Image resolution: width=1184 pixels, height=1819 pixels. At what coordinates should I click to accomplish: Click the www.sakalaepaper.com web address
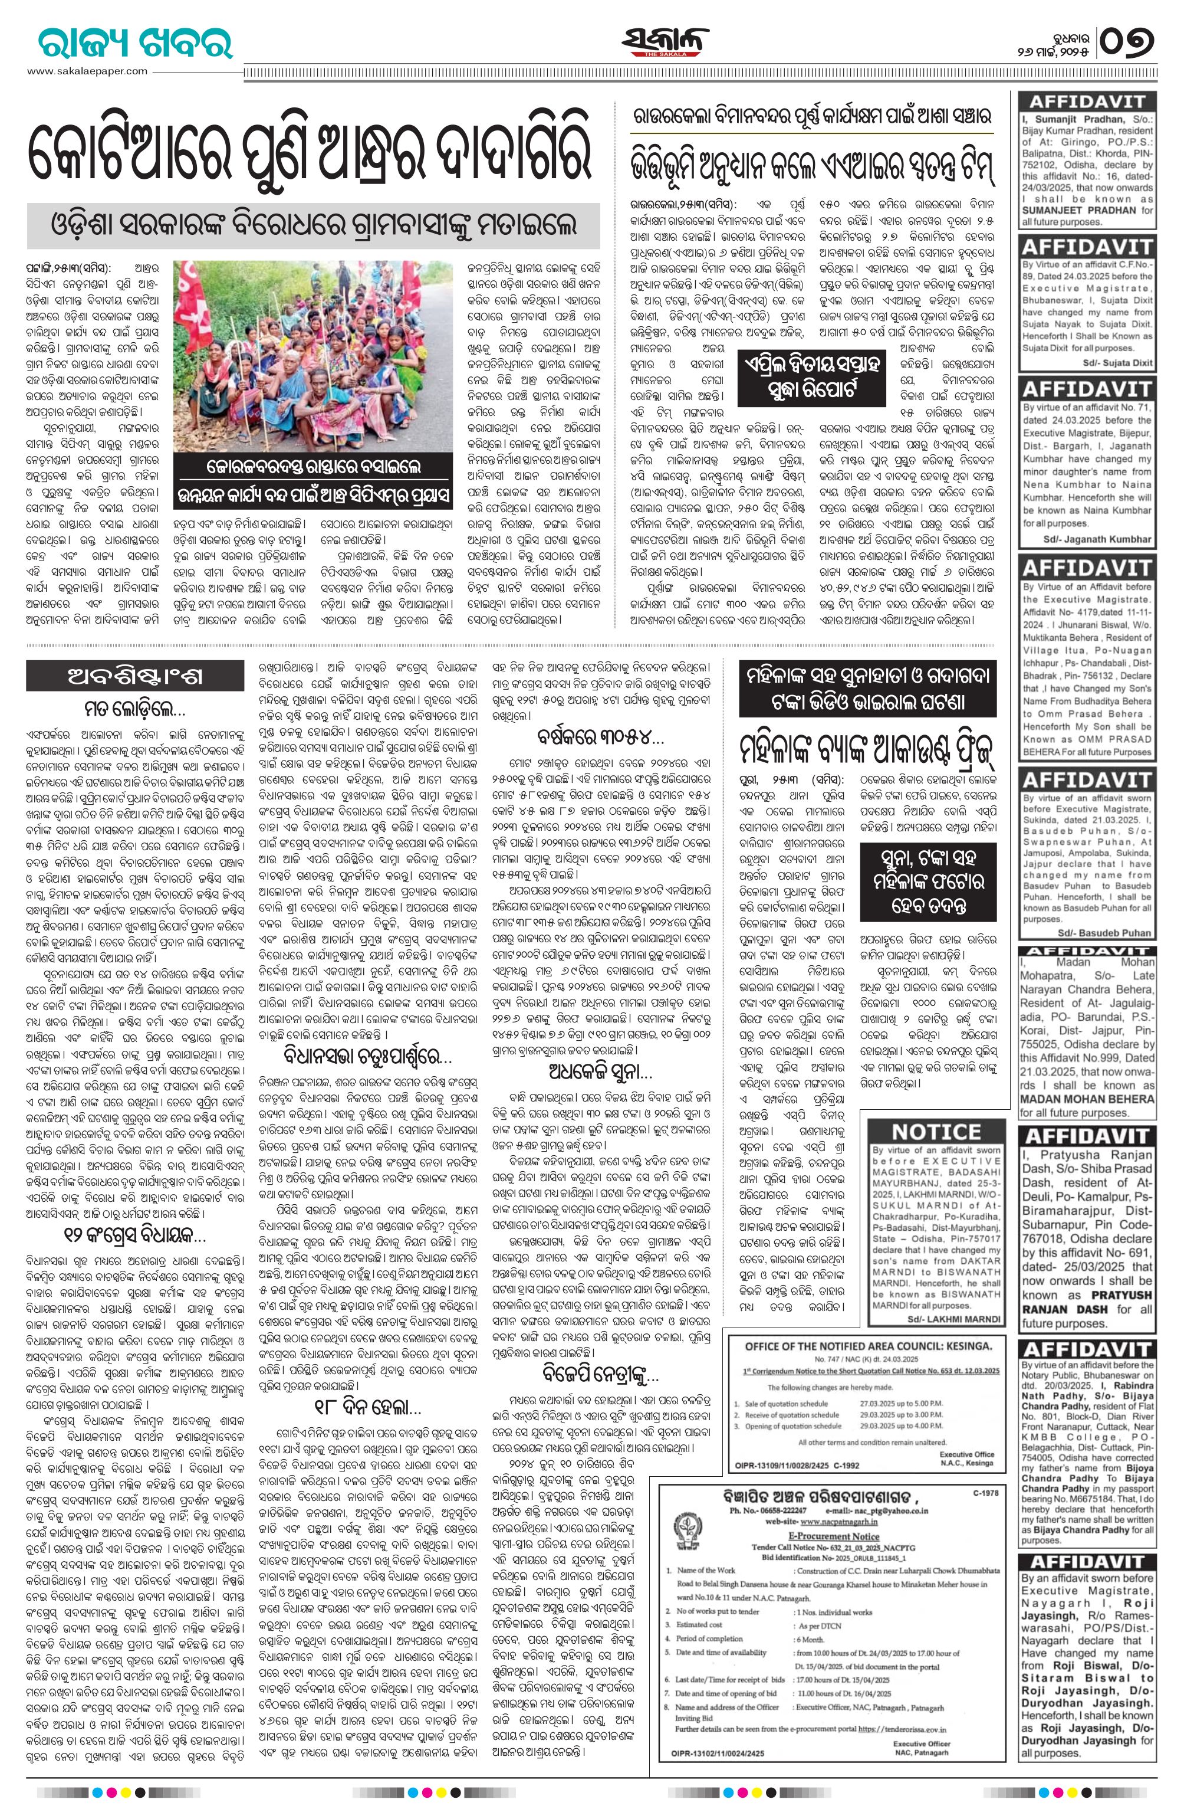click(87, 71)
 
